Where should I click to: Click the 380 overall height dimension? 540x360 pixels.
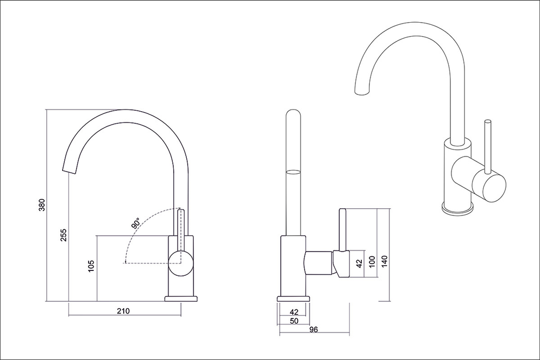pos(42,205)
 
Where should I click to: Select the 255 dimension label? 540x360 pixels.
pos(64,235)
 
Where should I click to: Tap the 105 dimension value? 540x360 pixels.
pos(91,266)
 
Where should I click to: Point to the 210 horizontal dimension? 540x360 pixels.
pos(123,311)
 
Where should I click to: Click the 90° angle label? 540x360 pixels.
pos(136,223)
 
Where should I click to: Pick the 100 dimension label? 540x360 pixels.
pos(372,262)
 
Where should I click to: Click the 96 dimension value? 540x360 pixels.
pos(313,330)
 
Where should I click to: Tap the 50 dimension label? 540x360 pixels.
pos(294,321)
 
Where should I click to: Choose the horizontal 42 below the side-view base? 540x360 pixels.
pos(294,312)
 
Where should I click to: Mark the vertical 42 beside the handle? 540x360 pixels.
pos(359,263)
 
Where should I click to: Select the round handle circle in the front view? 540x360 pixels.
pos(180,263)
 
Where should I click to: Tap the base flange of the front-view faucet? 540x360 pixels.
pos(181,298)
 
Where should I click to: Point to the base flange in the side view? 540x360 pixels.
pos(293,298)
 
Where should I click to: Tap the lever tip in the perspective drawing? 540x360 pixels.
pos(488,121)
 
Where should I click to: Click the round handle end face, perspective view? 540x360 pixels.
pos(489,188)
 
